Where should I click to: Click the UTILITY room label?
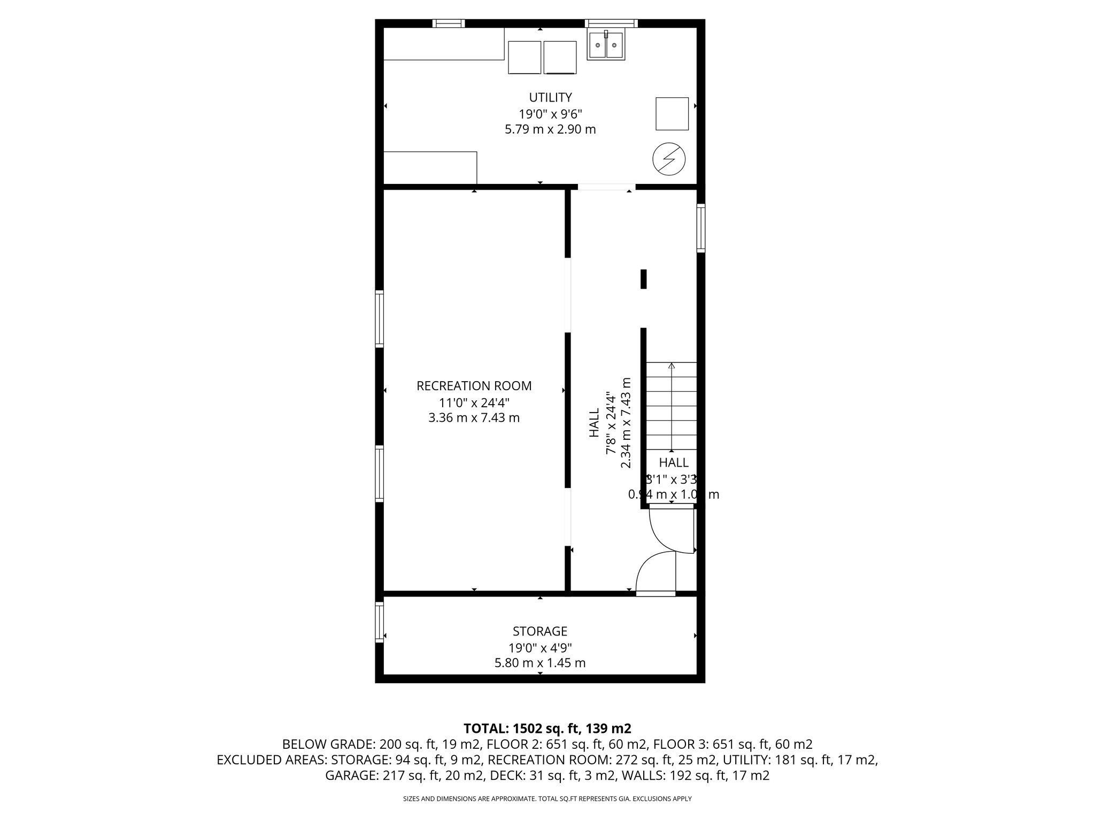click(550, 97)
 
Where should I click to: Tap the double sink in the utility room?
click(606, 45)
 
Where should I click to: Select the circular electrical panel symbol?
click(669, 159)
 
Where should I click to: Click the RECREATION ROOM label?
click(474, 385)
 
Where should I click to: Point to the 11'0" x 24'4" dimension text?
click(474, 402)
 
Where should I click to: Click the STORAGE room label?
click(539, 631)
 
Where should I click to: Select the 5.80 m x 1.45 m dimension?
click(539, 663)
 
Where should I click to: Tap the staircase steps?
click(672, 406)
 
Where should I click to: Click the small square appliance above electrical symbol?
click(672, 114)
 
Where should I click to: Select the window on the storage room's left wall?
click(380, 622)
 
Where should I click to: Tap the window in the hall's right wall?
click(700, 227)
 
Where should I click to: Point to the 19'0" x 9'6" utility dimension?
click(550, 114)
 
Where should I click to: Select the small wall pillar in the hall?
click(644, 279)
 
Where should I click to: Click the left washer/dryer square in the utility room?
click(525, 57)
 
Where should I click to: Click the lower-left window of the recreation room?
click(380, 473)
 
